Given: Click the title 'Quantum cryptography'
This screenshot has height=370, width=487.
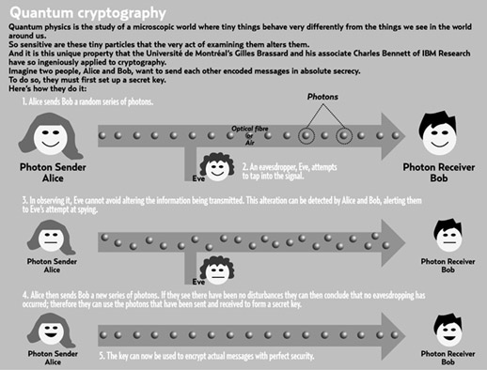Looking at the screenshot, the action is (87, 13).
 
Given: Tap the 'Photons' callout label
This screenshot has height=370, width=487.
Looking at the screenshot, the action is (322, 97).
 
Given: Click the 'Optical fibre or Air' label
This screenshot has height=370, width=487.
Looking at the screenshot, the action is (250, 135).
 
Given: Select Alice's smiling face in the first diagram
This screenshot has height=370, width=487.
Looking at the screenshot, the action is (50, 138).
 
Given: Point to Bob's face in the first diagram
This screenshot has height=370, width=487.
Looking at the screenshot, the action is (439, 138).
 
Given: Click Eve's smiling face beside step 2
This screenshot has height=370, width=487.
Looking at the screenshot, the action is (217, 168).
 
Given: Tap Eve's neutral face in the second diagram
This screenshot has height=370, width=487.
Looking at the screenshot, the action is (217, 271).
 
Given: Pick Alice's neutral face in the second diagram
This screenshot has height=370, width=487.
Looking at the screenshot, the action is (51, 239).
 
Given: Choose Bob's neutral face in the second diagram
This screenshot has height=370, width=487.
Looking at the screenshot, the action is (449, 239).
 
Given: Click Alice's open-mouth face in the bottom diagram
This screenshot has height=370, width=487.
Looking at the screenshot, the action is (51, 332).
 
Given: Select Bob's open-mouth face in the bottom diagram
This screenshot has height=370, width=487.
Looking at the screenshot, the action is (449, 333).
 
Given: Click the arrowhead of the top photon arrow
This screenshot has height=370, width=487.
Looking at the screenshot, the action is (393, 136).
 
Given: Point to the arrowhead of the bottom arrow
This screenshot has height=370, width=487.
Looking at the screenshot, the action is (393, 336).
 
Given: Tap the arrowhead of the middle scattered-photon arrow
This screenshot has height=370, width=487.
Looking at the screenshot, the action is (393, 243).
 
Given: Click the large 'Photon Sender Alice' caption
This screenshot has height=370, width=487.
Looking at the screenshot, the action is (53, 173).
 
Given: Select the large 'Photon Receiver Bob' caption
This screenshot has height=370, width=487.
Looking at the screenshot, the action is (439, 173).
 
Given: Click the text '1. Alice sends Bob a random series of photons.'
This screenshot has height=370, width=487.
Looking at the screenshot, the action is (87, 101).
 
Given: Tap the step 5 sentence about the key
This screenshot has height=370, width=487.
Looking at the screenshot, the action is (207, 356).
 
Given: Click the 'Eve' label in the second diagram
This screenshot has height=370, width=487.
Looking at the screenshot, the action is (198, 282).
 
